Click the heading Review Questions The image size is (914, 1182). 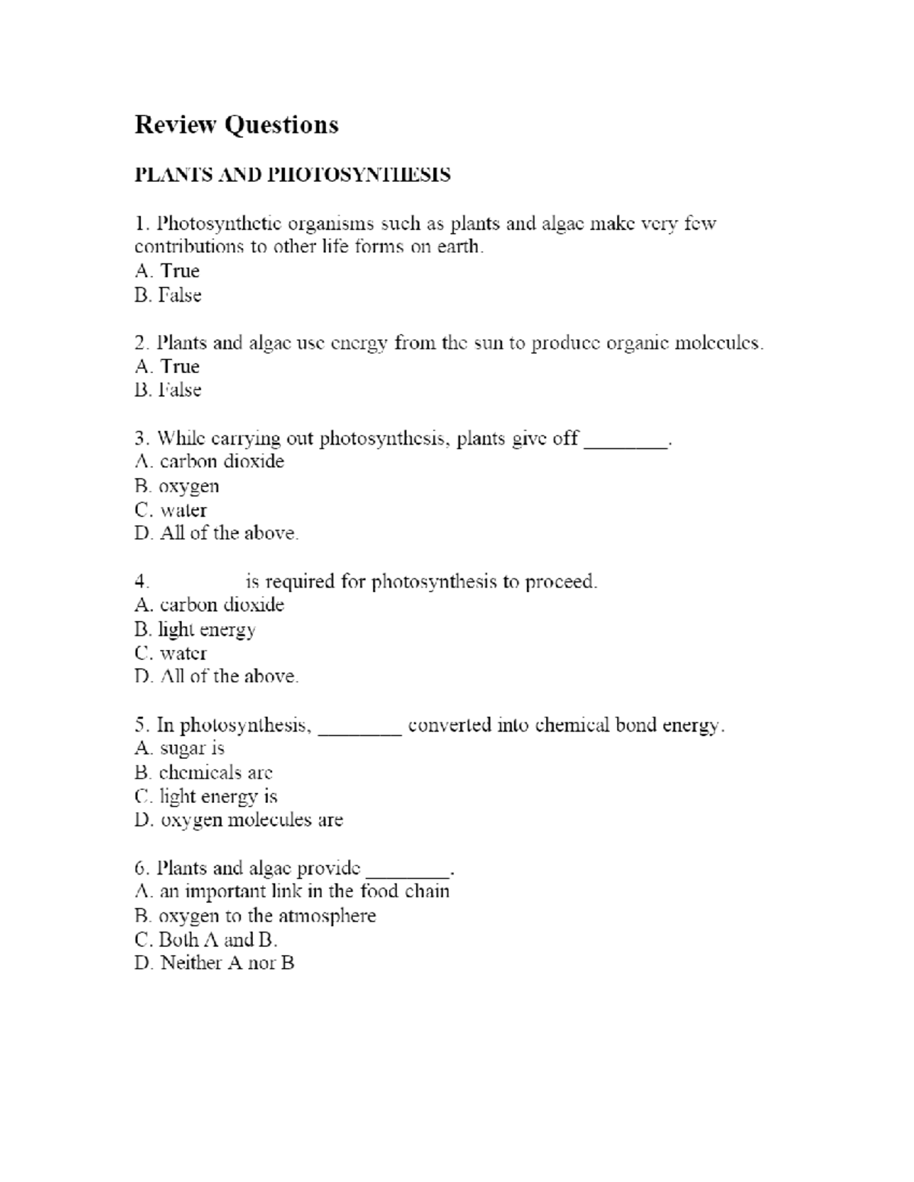(x=236, y=125)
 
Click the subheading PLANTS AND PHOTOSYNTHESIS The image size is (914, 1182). (x=292, y=175)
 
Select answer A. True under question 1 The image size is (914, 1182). (x=167, y=271)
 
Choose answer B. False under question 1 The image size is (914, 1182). (x=168, y=295)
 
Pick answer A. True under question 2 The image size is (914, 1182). (x=167, y=366)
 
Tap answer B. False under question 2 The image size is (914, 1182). (x=168, y=390)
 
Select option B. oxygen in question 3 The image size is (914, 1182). (x=177, y=486)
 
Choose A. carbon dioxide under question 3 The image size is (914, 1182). (x=209, y=462)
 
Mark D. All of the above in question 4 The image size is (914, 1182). (x=216, y=676)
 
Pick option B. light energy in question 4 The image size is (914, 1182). (x=195, y=629)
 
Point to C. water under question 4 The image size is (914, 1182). (x=171, y=653)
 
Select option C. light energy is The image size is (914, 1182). (x=206, y=796)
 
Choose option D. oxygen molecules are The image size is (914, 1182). (x=238, y=820)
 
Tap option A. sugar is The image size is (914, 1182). (x=179, y=748)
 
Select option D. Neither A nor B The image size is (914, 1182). (x=214, y=963)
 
